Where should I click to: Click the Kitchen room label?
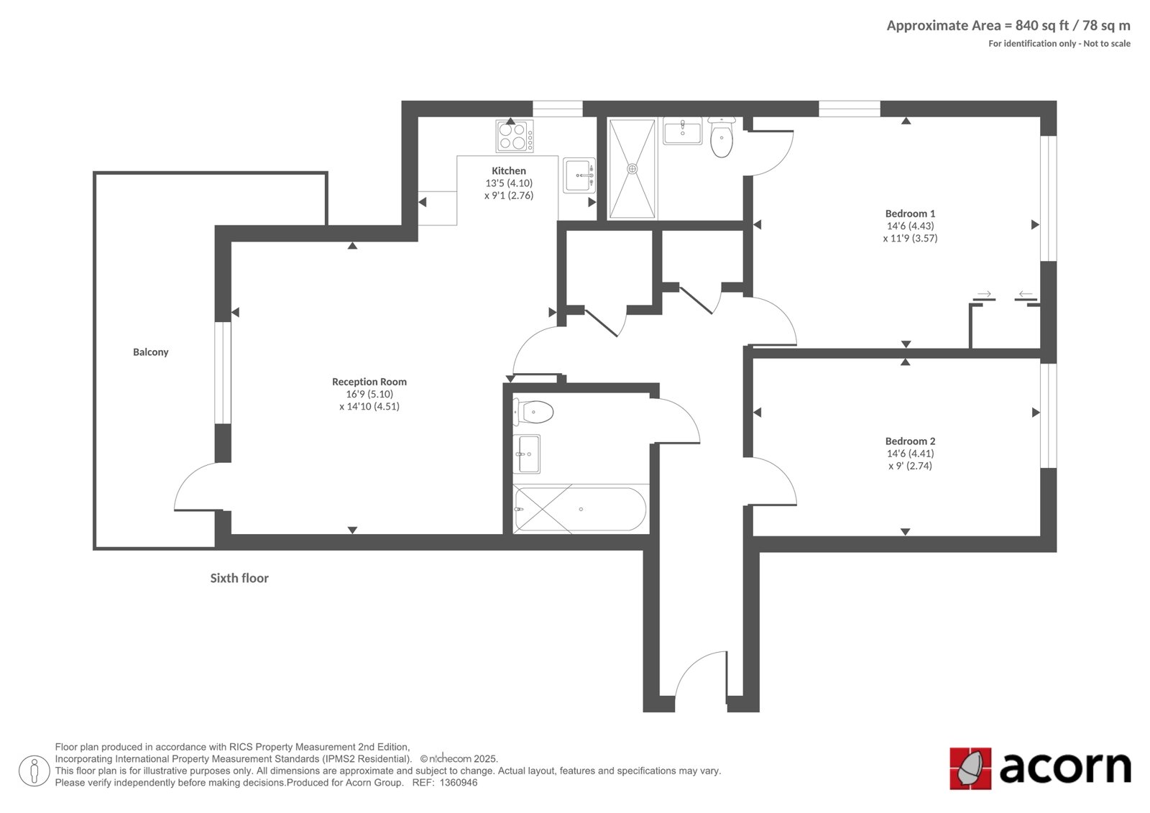point(508,170)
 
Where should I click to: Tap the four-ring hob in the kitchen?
point(515,136)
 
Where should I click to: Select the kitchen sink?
point(579,175)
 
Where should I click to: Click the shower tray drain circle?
point(632,168)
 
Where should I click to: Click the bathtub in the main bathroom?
point(580,509)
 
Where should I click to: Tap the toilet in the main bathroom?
point(533,412)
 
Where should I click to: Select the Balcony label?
point(150,352)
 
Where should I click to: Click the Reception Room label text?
point(369,382)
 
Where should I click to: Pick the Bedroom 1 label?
point(910,213)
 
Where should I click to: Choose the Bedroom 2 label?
point(910,441)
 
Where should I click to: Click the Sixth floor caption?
point(239,578)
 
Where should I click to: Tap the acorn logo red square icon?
point(970,768)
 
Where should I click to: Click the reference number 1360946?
point(459,783)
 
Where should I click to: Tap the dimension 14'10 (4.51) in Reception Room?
point(369,406)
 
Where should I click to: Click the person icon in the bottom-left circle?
point(34,771)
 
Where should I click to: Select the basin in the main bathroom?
point(527,454)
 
